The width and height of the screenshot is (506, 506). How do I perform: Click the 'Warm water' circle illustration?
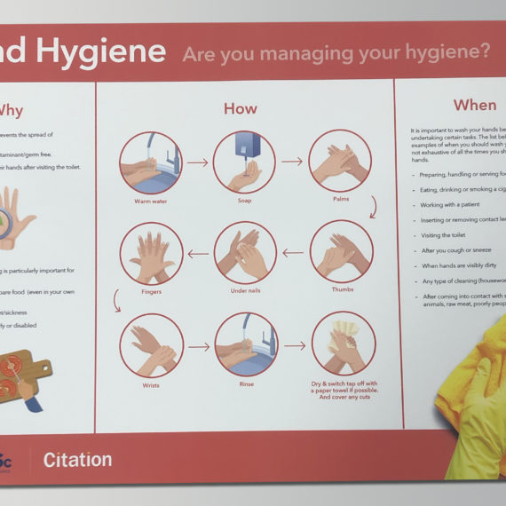[152, 162]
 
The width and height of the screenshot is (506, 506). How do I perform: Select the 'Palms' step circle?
[339, 162]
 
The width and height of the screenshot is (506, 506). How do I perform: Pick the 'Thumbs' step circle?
[340, 252]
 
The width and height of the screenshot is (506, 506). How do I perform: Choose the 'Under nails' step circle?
[245, 253]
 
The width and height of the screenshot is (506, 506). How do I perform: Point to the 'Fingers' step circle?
[151, 254]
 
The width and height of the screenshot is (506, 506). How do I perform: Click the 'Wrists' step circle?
[151, 345]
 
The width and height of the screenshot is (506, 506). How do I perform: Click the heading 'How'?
[241, 109]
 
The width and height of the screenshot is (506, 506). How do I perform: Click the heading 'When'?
[475, 105]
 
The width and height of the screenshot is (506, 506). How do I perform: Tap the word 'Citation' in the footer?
[78, 460]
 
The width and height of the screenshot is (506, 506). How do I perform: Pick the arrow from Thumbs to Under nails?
[293, 253]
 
